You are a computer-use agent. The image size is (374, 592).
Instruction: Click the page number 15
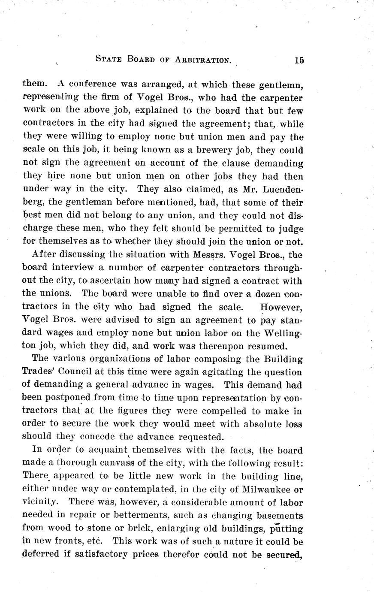[x=299, y=60]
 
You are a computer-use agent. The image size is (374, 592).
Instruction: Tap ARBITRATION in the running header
[x=203, y=60]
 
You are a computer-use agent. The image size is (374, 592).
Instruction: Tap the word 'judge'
[x=292, y=228]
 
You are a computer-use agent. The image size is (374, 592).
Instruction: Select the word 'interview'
[x=73, y=268]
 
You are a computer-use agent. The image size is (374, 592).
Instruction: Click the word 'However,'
[x=282, y=307]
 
